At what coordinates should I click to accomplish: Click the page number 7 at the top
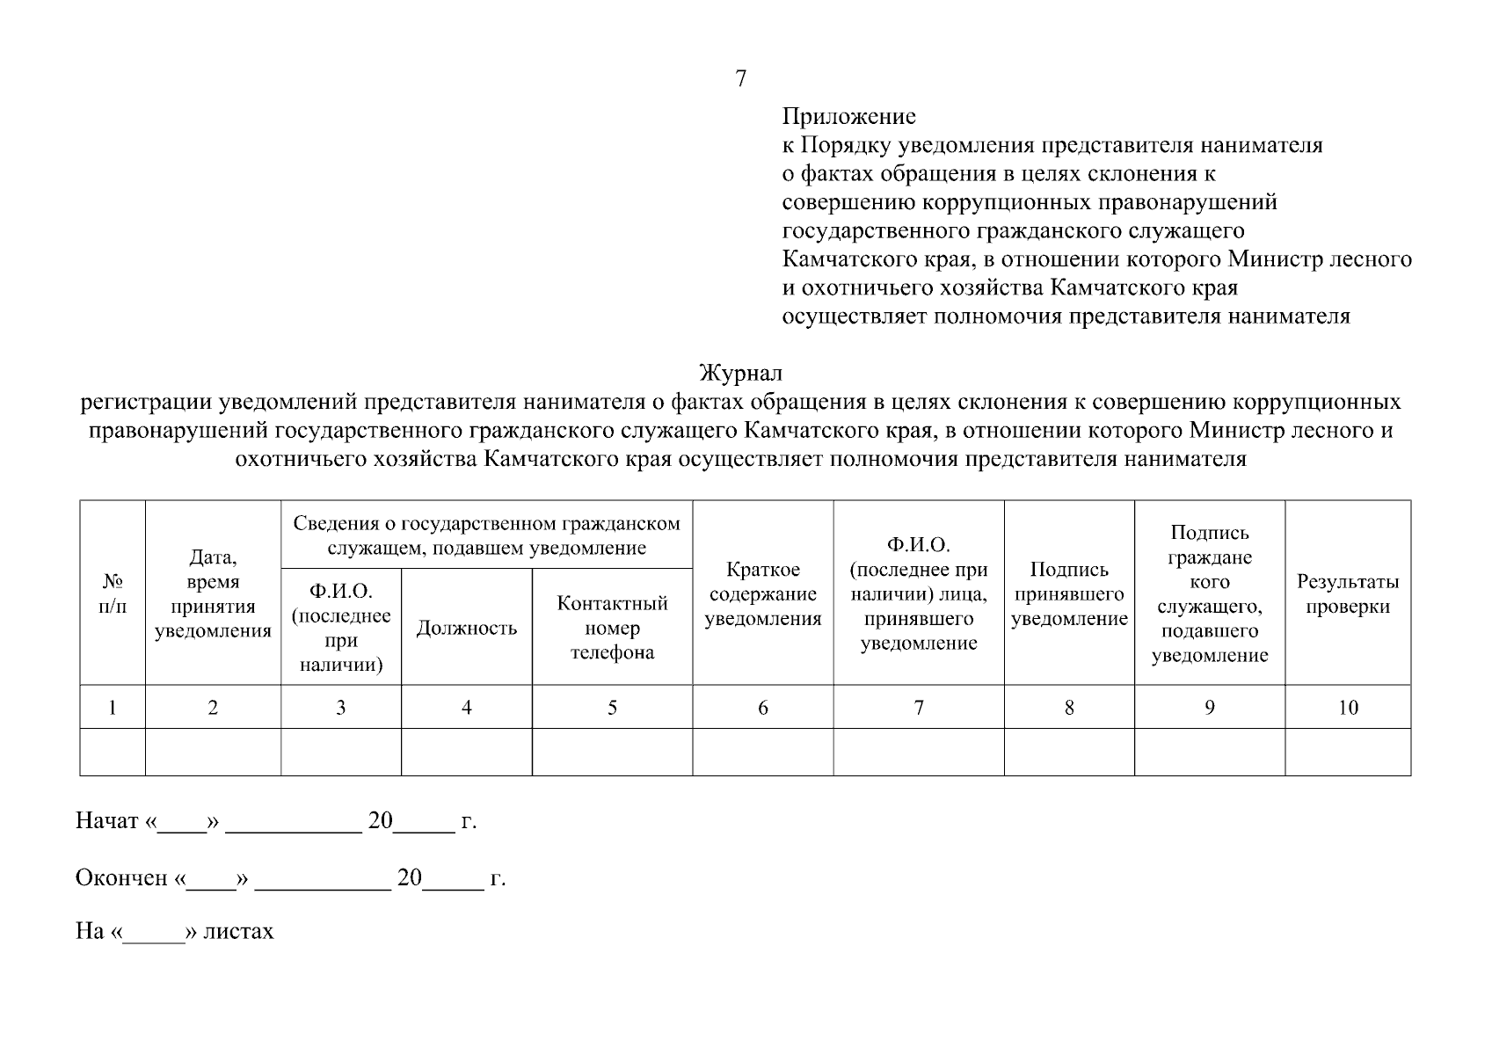tap(740, 79)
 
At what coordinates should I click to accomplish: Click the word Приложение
tap(848, 116)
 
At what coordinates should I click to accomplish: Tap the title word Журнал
tap(740, 374)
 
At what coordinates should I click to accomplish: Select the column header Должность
tap(466, 628)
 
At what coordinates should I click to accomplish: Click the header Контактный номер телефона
tap(612, 628)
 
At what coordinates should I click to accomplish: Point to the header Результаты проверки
tap(1347, 594)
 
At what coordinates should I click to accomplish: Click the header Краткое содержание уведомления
tap(762, 594)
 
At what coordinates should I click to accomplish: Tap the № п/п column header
tap(113, 594)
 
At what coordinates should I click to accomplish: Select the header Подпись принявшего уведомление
tap(1068, 594)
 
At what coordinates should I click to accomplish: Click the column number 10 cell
tap(1347, 708)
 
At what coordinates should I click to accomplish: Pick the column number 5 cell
tap(612, 708)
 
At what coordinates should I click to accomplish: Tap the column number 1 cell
tap(113, 708)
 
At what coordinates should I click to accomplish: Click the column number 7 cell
tap(919, 708)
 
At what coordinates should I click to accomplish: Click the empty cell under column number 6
tap(762, 752)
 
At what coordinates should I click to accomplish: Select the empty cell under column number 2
tap(213, 752)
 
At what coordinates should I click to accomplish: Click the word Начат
tap(107, 821)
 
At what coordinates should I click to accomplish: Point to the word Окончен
tap(121, 878)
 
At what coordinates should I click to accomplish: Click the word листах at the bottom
tap(238, 931)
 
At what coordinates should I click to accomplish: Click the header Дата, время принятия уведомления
tap(213, 594)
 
